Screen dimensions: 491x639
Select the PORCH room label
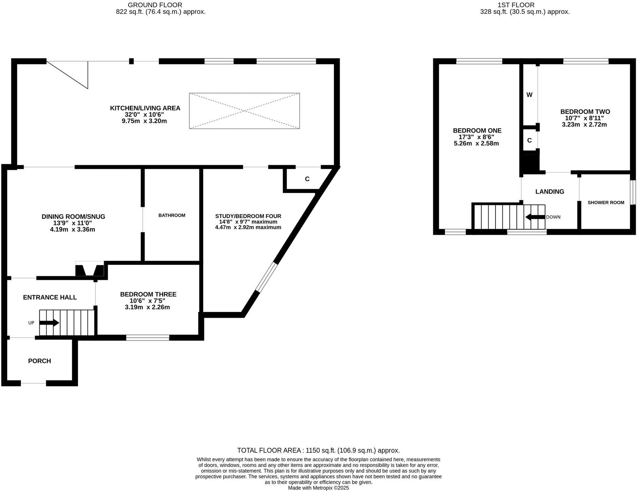pyautogui.click(x=39, y=361)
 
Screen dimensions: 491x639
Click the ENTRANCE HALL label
pyautogui.click(x=50, y=297)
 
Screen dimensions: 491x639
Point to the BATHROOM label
pyautogui.click(x=171, y=215)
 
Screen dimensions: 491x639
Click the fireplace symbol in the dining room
pyautogui.click(x=90, y=270)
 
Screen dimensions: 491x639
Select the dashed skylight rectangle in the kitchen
pyautogui.click(x=244, y=111)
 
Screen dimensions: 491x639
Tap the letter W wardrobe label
pyautogui.click(x=529, y=95)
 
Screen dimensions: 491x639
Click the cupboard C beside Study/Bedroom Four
pyautogui.click(x=307, y=179)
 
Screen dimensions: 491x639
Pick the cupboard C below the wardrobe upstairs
pyautogui.click(x=529, y=140)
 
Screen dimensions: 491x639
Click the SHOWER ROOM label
pyautogui.click(x=606, y=203)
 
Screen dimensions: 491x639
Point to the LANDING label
pyautogui.click(x=549, y=191)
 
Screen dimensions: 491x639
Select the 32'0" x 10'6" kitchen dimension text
pyautogui.click(x=145, y=114)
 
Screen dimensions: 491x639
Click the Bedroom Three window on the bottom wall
pyautogui.click(x=147, y=338)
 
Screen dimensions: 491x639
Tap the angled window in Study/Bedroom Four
pyautogui.click(x=266, y=277)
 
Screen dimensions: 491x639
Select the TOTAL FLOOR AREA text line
pyautogui.click(x=318, y=450)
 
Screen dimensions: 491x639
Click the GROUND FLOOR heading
pyautogui.click(x=155, y=5)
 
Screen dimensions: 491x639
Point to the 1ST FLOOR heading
pyautogui.click(x=516, y=5)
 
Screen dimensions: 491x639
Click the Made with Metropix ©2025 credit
pyautogui.click(x=318, y=488)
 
